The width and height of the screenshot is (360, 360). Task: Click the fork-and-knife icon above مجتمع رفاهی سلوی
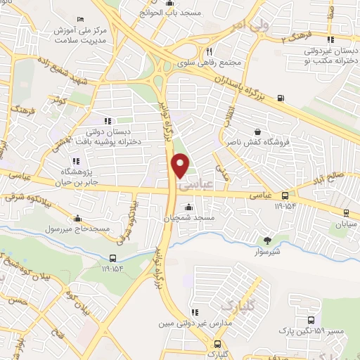pos(209,51)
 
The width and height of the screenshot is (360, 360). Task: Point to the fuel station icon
pos(281,98)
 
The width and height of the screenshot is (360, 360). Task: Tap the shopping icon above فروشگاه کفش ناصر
pos(257,131)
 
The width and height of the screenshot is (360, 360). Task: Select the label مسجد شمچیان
pos(188,219)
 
